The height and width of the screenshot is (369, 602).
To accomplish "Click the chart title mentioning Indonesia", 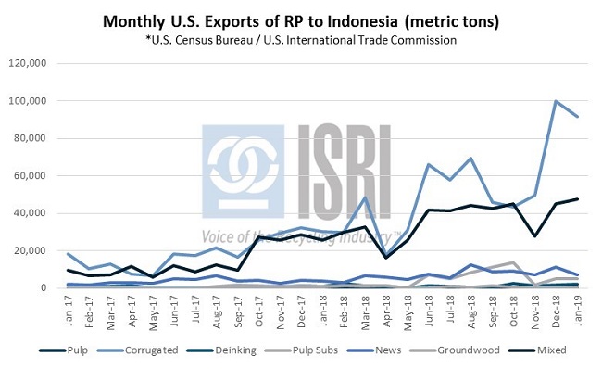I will click(302, 20).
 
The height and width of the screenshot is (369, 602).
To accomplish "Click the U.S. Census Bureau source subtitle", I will click(302, 40).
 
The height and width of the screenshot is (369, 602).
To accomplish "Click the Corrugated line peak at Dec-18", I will click(556, 101).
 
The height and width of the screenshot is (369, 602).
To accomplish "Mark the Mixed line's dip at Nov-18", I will click(534, 235).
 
